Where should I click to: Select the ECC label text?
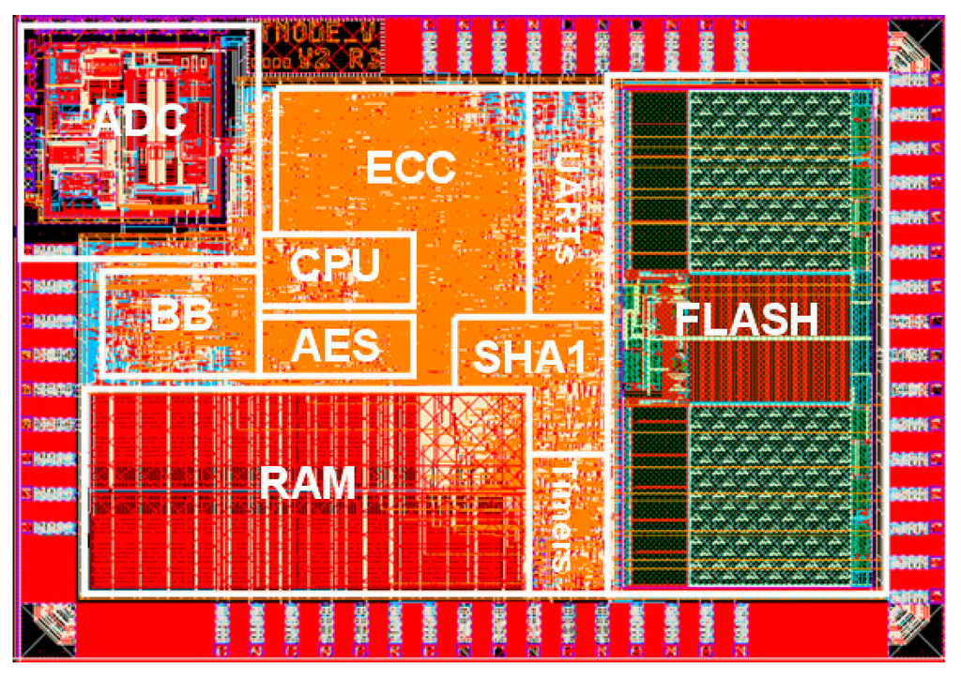[x=410, y=168]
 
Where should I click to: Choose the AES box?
[x=336, y=345]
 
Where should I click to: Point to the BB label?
[x=181, y=316]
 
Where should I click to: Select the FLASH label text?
[x=747, y=320]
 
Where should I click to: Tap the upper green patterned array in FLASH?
[x=770, y=178]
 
